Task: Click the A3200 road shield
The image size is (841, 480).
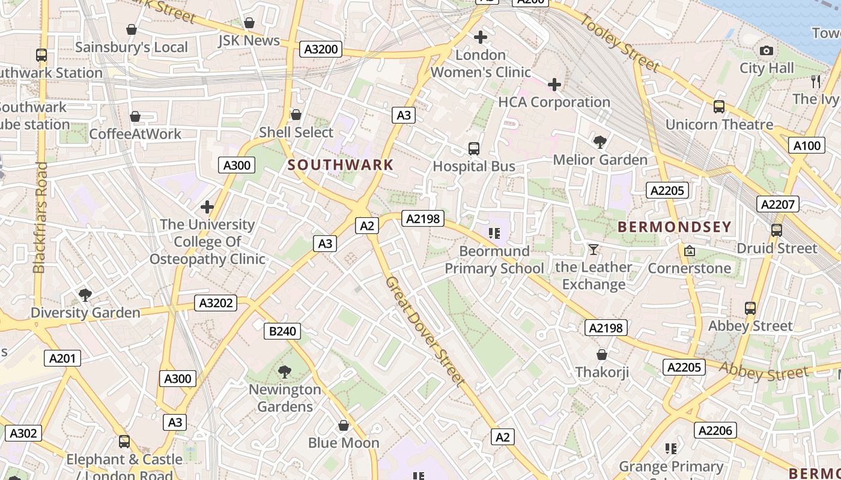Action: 321,49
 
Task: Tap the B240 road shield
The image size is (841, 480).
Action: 282,331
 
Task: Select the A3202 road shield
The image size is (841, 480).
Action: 216,303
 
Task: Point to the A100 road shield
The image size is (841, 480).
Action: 807,145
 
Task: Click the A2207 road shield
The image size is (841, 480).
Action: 777,204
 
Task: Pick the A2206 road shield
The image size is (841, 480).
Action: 715,430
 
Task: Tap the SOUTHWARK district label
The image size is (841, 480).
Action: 341,164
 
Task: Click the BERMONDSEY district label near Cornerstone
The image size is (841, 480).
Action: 674,227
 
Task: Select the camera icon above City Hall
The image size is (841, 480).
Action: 767,51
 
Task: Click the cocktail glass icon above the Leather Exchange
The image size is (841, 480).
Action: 594,249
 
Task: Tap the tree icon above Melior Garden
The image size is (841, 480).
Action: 600,142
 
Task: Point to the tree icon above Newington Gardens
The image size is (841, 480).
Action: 285,372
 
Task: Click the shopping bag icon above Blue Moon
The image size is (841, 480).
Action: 344,425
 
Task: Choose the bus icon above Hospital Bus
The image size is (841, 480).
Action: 474,148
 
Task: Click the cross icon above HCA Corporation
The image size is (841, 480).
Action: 554,85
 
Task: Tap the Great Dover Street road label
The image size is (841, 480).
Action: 425,331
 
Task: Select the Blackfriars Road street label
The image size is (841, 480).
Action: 40,217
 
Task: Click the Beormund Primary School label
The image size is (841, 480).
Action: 494,259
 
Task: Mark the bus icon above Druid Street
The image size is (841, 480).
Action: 776,230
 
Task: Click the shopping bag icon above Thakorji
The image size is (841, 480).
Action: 602,355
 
